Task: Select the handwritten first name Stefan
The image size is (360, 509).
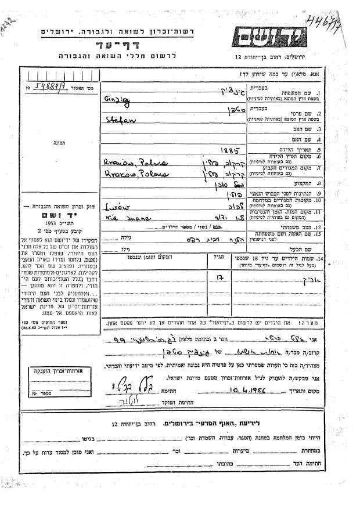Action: pyautogui.click(x=117, y=121)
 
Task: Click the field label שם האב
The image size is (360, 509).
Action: pyautogui.click(x=332, y=129)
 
